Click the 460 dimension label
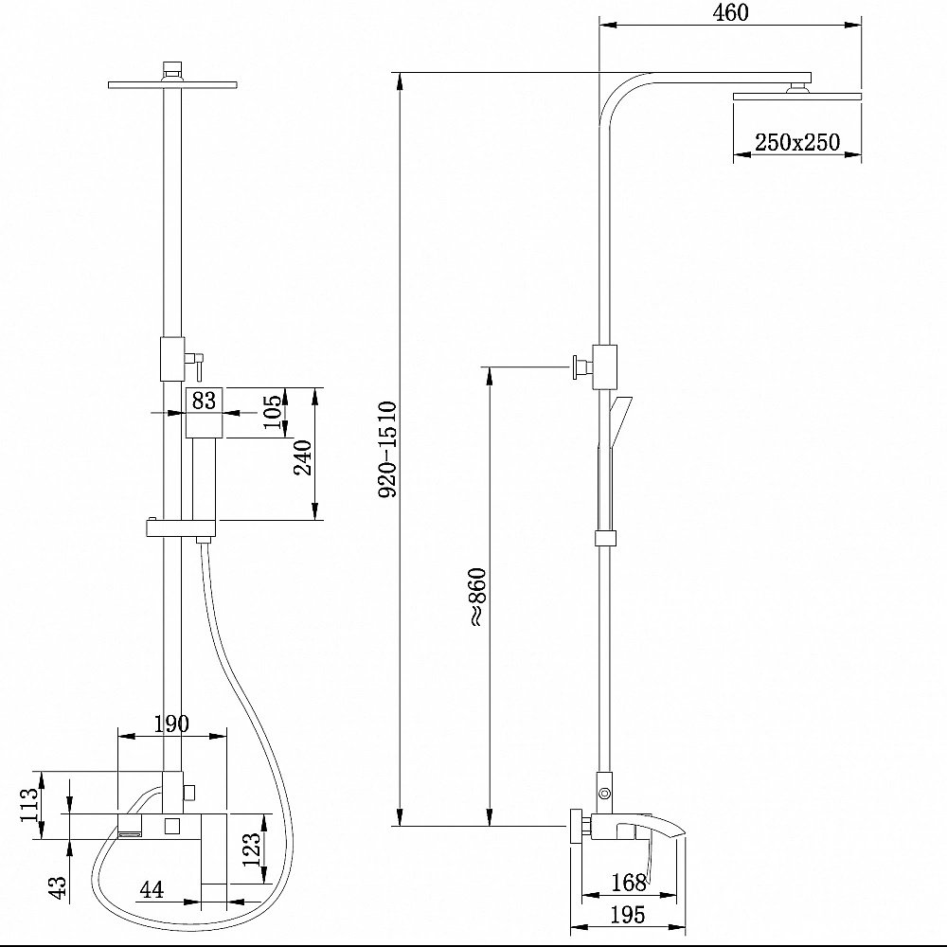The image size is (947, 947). [x=730, y=12]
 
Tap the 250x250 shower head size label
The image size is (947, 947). [x=797, y=142]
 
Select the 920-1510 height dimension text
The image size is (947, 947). [x=387, y=449]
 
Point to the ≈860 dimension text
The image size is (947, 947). [x=477, y=597]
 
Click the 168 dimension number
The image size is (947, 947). [x=629, y=883]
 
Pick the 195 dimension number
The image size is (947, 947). [x=628, y=915]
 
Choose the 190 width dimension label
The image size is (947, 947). [x=171, y=723]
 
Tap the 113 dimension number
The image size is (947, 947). [x=29, y=804]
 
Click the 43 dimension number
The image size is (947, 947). [x=58, y=887]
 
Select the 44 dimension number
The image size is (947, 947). [x=151, y=889]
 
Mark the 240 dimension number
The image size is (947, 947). [x=303, y=457]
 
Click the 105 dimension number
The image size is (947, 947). [x=273, y=411]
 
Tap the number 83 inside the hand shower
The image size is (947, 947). [x=204, y=400]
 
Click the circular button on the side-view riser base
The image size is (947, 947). [x=604, y=793]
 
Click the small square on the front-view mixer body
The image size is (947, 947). [x=171, y=825]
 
